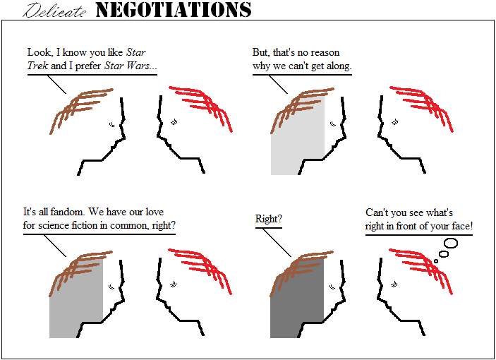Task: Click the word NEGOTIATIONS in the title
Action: click(x=174, y=9)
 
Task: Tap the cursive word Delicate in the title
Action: click(x=54, y=11)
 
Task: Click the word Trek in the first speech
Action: click(x=37, y=66)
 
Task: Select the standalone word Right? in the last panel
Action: click(x=269, y=219)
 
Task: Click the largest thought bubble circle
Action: click(x=451, y=243)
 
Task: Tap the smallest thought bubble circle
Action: click(x=436, y=261)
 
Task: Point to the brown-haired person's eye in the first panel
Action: click(x=112, y=125)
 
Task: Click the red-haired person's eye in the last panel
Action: click(x=394, y=284)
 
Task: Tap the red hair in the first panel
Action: click(x=201, y=107)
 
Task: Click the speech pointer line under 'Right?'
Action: click(x=277, y=243)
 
